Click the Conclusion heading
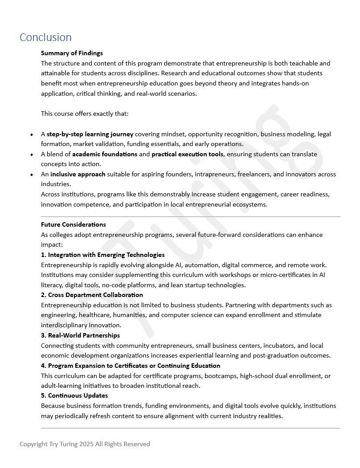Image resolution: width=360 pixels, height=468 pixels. (x=45, y=37)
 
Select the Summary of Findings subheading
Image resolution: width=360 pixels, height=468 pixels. (x=72, y=53)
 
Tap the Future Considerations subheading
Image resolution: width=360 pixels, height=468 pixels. (x=74, y=224)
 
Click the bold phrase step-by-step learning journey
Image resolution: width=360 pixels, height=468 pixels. (x=90, y=134)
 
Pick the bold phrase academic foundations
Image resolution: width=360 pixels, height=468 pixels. (x=105, y=154)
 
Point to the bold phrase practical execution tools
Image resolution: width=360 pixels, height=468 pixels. (x=187, y=154)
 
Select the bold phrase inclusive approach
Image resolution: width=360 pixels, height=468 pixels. (x=78, y=174)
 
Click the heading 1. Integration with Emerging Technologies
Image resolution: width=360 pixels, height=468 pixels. (x=103, y=255)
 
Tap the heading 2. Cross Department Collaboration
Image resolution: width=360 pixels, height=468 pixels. (x=92, y=295)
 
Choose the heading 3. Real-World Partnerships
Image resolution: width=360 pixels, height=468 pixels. (x=80, y=335)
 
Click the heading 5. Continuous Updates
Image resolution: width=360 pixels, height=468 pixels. (x=74, y=395)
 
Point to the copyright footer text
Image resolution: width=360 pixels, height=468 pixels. (x=85, y=444)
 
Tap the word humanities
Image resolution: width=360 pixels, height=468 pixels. (x=128, y=315)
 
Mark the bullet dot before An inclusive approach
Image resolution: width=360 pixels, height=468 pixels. (x=31, y=175)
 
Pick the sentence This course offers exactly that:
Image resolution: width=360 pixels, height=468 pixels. (x=85, y=114)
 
